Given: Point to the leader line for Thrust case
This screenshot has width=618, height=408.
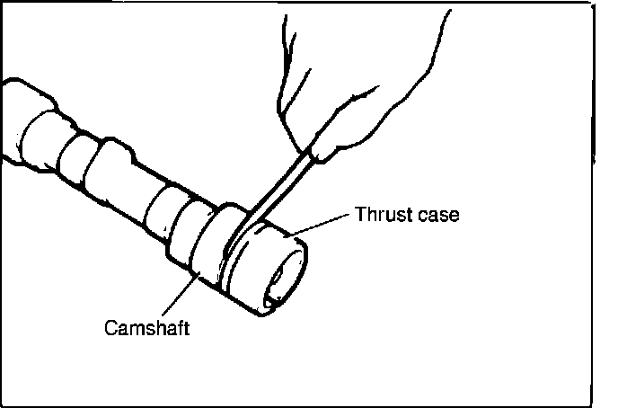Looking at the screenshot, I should coord(324,222).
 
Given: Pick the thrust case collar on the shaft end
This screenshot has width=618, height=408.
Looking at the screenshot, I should coord(265,261).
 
